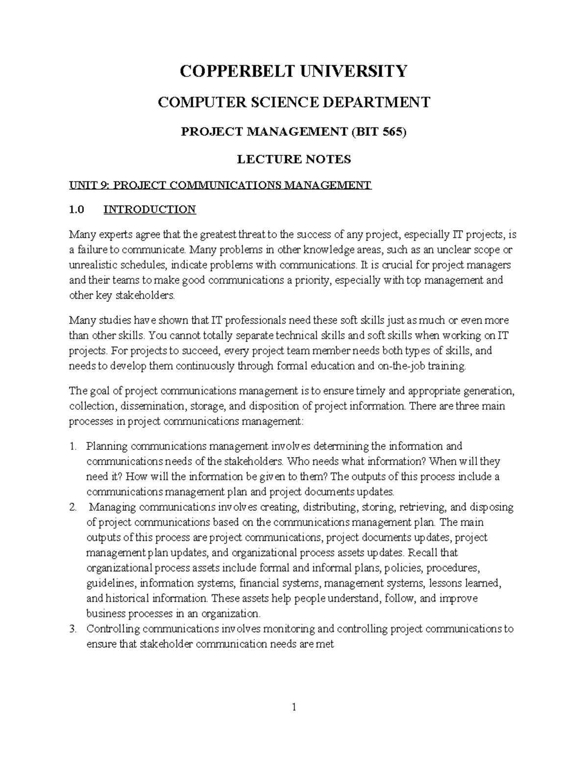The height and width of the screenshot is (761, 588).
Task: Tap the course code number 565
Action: pos(392,132)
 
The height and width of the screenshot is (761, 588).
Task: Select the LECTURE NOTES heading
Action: pos(294,159)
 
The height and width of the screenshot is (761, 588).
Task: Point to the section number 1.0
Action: pos(76,210)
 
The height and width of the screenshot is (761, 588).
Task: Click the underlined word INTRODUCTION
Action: pos(149,210)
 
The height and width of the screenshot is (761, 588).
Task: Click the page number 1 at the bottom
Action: pos(294,707)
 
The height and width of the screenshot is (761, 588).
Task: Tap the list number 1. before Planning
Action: pos(73,446)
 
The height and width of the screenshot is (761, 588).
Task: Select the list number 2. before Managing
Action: pos(73,507)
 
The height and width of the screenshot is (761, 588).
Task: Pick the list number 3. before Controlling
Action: pos(73,629)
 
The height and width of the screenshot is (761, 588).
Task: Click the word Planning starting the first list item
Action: pos(107,446)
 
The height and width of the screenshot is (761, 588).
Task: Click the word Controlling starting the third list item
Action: pos(113,629)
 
